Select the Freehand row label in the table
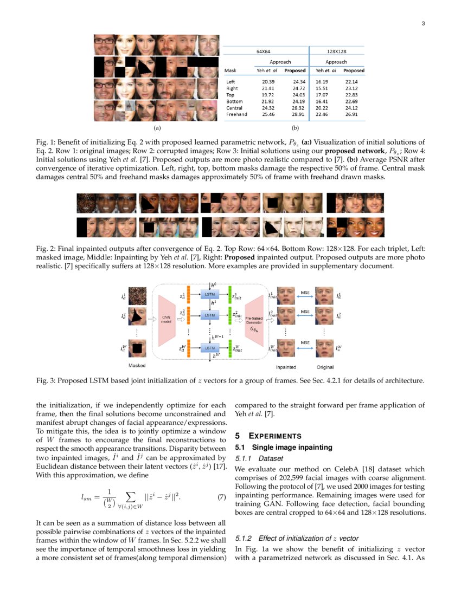236,114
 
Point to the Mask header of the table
230,70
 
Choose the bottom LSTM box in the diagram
210,347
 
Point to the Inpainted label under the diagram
286,367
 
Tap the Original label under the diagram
325,367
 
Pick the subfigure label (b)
295,128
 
